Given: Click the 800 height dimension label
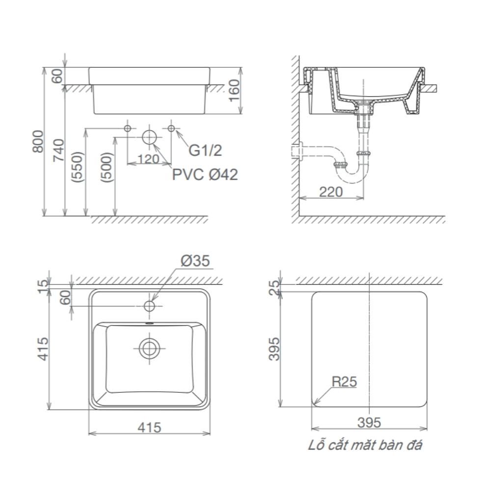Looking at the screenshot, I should point(38,141).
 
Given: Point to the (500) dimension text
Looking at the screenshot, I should point(108,167).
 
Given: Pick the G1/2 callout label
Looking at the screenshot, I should point(205,150).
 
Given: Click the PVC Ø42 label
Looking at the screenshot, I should point(205,174).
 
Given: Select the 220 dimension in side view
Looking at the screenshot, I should point(330,191).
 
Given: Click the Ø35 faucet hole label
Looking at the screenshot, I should point(195,261).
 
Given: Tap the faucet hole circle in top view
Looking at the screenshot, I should point(149,306).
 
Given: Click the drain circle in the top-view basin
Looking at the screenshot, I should point(149,348).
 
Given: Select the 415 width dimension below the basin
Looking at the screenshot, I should point(149,427).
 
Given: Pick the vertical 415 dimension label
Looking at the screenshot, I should point(43,349).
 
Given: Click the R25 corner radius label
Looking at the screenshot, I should point(345,381).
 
